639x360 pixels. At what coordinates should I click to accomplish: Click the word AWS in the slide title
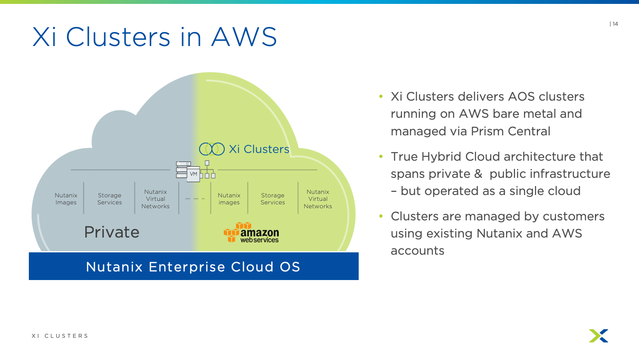pos(244,37)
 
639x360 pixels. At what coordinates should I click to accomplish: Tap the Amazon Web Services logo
pos(251,233)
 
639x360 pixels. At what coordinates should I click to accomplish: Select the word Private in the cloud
pos(112,232)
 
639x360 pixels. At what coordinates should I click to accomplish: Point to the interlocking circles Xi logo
pos(212,149)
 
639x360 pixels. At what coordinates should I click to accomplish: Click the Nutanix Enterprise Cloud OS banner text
pos(193,267)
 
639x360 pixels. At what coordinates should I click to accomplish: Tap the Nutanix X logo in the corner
pos(598,336)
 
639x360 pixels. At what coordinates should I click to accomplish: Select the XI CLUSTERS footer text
pos(60,336)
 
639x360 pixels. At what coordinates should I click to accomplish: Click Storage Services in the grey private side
pos(110,199)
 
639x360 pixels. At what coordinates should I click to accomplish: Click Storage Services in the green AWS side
pos(273,199)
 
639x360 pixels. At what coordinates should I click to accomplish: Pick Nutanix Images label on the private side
pos(66,199)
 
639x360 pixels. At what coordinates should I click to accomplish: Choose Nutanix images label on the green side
pos(229,199)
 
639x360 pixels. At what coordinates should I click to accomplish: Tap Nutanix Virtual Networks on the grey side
pos(156,199)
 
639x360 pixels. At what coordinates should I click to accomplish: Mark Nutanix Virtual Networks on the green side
pos(318,199)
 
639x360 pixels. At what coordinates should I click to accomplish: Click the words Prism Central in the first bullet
pos(510,131)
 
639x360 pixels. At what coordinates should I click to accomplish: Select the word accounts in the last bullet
pos(418,251)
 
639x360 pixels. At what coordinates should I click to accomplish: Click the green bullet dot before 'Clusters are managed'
pos(381,216)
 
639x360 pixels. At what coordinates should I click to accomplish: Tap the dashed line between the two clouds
pos(195,199)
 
